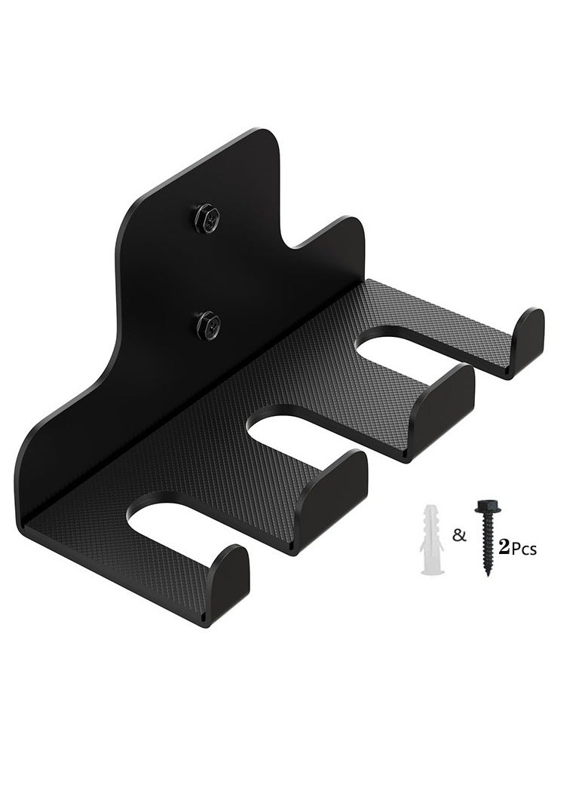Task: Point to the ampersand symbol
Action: tap(457, 536)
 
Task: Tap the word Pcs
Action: tap(523, 549)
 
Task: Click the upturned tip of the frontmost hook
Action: tap(229, 572)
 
